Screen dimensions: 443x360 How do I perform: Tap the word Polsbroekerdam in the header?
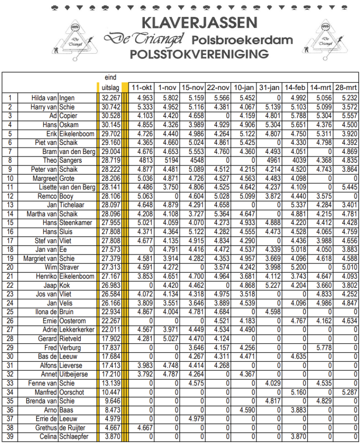coord(242,40)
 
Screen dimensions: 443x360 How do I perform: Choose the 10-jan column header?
coord(244,87)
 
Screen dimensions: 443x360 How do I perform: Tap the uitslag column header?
coord(109,87)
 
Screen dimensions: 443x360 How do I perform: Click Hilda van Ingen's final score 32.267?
coord(110,98)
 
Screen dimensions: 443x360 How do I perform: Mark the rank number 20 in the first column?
coord(10,267)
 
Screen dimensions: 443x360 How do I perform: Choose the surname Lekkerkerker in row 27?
coord(76,330)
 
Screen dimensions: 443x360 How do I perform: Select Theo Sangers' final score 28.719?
coord(110,161)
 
